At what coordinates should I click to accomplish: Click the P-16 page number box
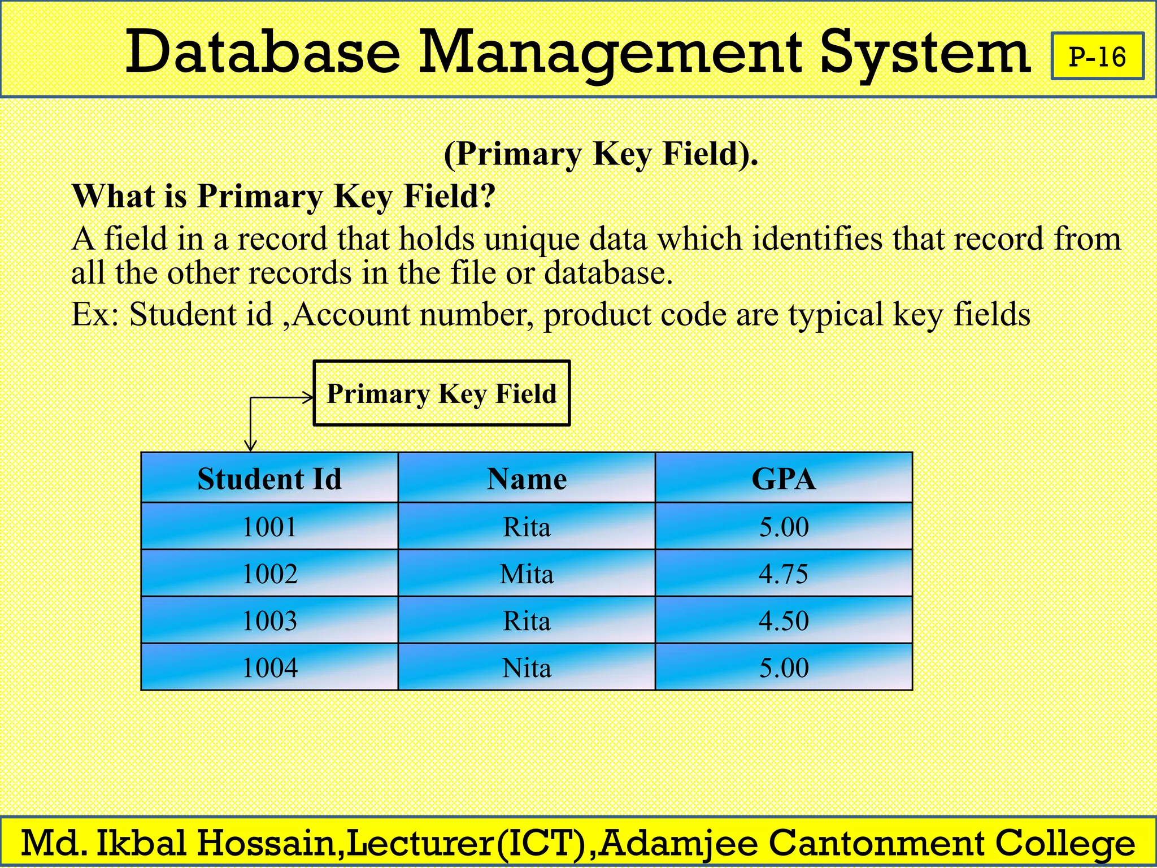click(x=1097, y=57)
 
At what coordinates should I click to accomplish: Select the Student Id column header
click(x=269, y=479)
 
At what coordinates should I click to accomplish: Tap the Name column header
click(x=527, y=479)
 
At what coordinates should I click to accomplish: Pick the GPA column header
click(x=784, y=479)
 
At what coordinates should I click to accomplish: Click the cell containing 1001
click(x=269, y=527)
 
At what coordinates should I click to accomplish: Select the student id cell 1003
click(x=269, y=620)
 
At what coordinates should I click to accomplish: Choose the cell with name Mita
click(x=527, y=574)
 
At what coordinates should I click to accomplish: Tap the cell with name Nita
click(x=527, y=667)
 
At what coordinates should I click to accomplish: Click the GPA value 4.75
click(x=784, y=574)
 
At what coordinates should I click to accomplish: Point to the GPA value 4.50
click(x=784, y=620)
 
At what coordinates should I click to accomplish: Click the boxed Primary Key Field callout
click(x=442, y=393)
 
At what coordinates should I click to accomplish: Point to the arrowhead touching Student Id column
click(x=251, y=446)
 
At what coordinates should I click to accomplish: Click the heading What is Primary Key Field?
click(x=284, y=196)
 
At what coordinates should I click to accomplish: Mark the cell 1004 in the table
click(x=269, y=667)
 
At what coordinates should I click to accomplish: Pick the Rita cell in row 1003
click(x=527, y=620)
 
